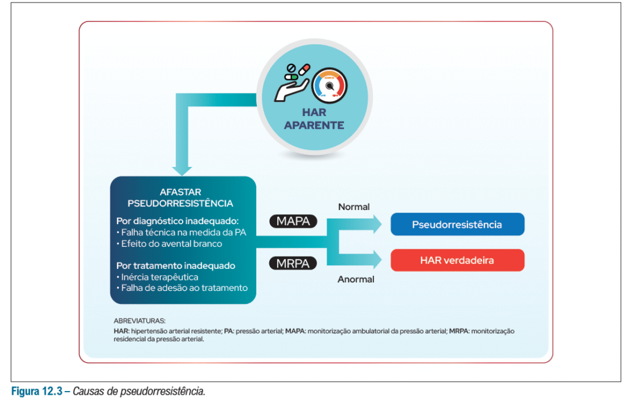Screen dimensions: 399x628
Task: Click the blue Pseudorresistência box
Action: click(457, 224)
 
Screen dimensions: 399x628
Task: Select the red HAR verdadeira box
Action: click(457, 260)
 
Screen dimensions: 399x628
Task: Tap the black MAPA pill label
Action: click(293, 222)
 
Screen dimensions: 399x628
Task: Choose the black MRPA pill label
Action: click(293, 263)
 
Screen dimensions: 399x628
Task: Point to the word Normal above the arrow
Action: click(354, 207)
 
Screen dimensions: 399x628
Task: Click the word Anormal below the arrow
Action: click(356, 279)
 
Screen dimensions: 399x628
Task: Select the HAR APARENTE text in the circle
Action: click(314, 119)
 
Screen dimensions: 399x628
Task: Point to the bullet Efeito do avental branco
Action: click(169, 244)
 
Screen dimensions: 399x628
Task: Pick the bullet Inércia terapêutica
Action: click(157, 277)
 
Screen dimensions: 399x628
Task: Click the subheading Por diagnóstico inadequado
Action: click(177, 221)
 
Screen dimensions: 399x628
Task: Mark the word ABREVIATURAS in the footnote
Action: click(139, 320)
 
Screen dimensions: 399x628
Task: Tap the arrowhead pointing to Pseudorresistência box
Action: click(375, 225)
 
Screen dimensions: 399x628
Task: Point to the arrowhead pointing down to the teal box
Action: click(183, 168)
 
